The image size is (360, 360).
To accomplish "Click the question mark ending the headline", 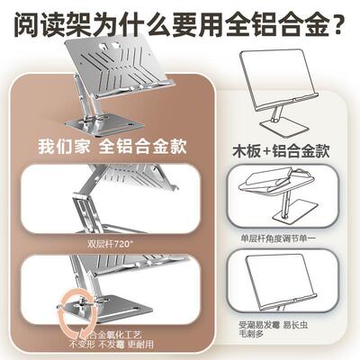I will coord(339,19).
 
